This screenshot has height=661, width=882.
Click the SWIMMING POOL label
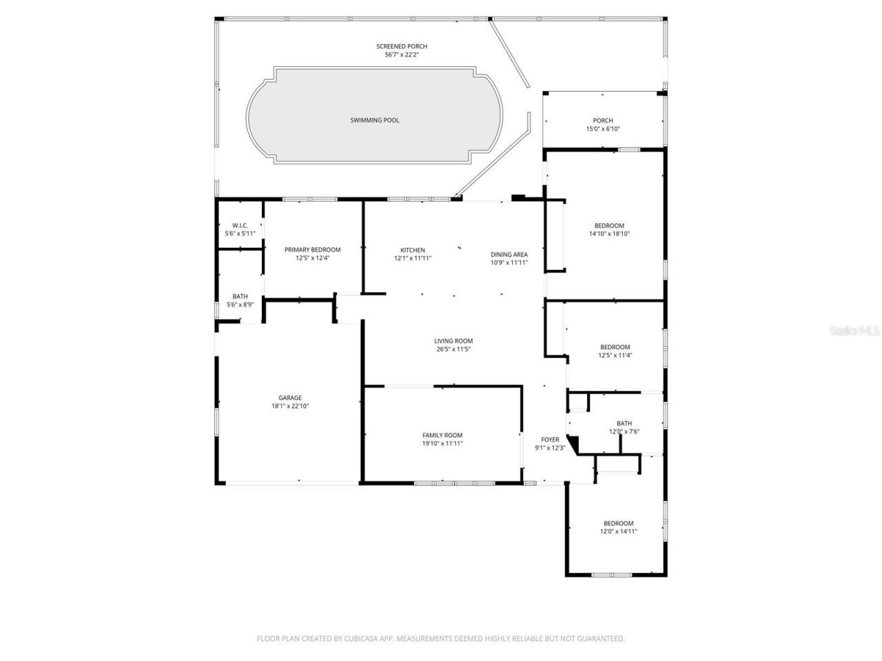374,120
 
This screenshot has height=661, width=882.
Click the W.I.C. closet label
240,226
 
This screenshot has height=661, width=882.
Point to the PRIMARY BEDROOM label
313,250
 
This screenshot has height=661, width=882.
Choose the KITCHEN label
413,250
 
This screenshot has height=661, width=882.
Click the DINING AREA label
509,254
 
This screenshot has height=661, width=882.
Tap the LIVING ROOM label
453,341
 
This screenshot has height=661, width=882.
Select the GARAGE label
290,398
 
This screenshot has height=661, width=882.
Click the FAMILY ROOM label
442,435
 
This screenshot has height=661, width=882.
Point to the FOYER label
550,439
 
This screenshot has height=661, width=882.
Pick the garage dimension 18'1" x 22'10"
290,406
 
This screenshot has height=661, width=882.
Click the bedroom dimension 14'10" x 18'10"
609,234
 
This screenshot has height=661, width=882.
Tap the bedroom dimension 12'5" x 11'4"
615,355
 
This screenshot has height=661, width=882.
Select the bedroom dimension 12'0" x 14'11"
618,532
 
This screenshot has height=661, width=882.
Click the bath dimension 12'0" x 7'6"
624,432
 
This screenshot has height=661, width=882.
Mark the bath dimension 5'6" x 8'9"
240,304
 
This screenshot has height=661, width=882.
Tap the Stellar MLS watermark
854,330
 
